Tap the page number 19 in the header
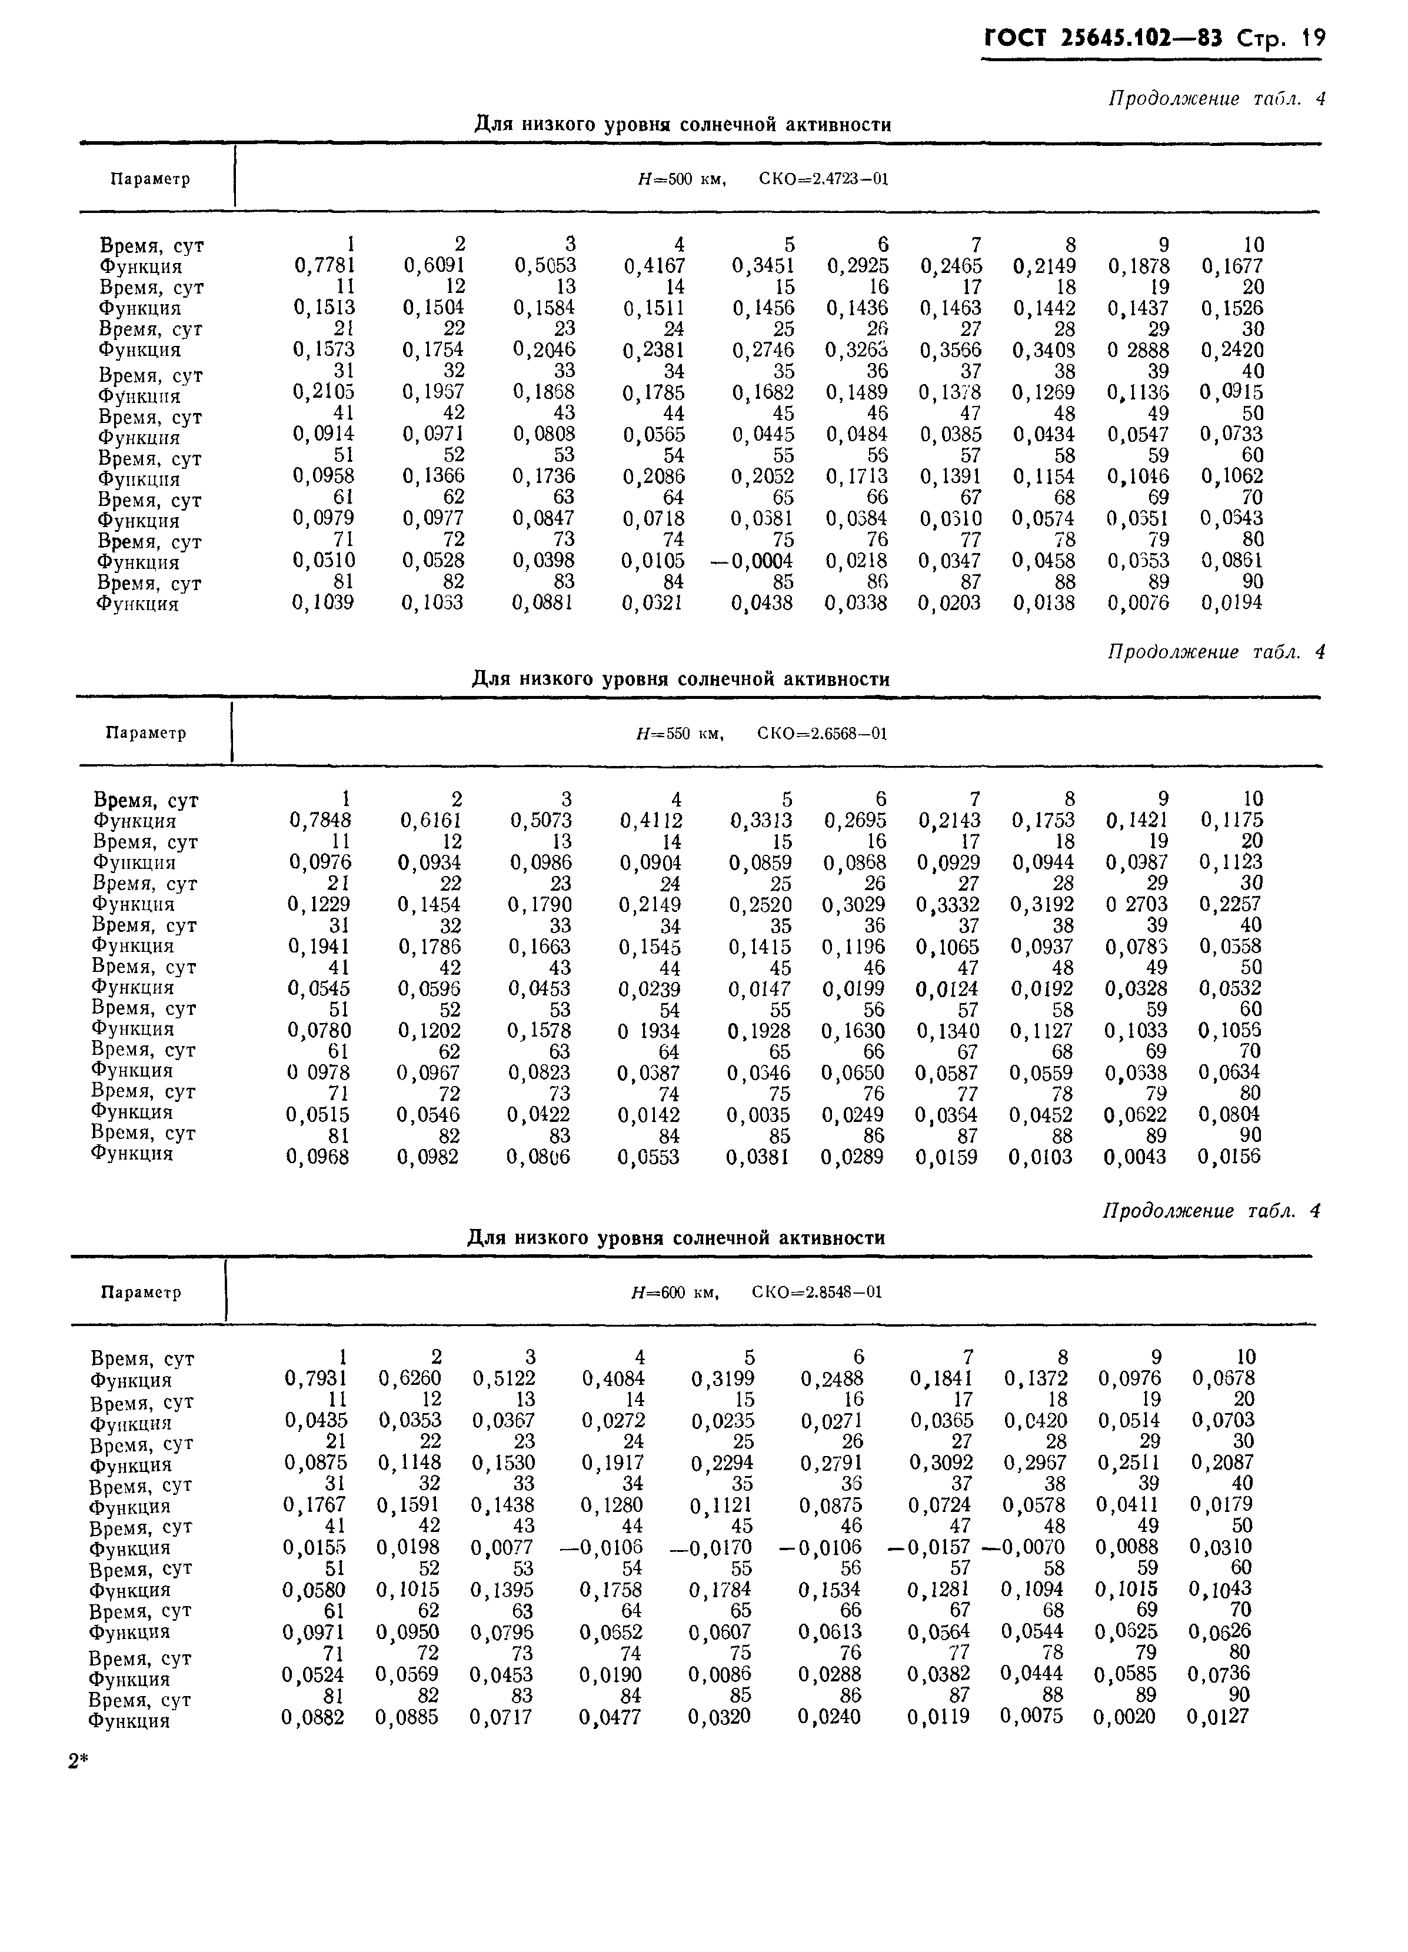pyautogui.click(x=1313, y=39)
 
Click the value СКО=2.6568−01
pyautogui.click(x=822, y=733)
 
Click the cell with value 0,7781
pyautogui.click(x=324, y=266)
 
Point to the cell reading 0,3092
pyautogui.click(x=941, y=1463)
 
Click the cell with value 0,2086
pyautogui.click(x=653, y=477)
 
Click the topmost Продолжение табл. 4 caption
pyautogui.click(x=1215, y=99)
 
